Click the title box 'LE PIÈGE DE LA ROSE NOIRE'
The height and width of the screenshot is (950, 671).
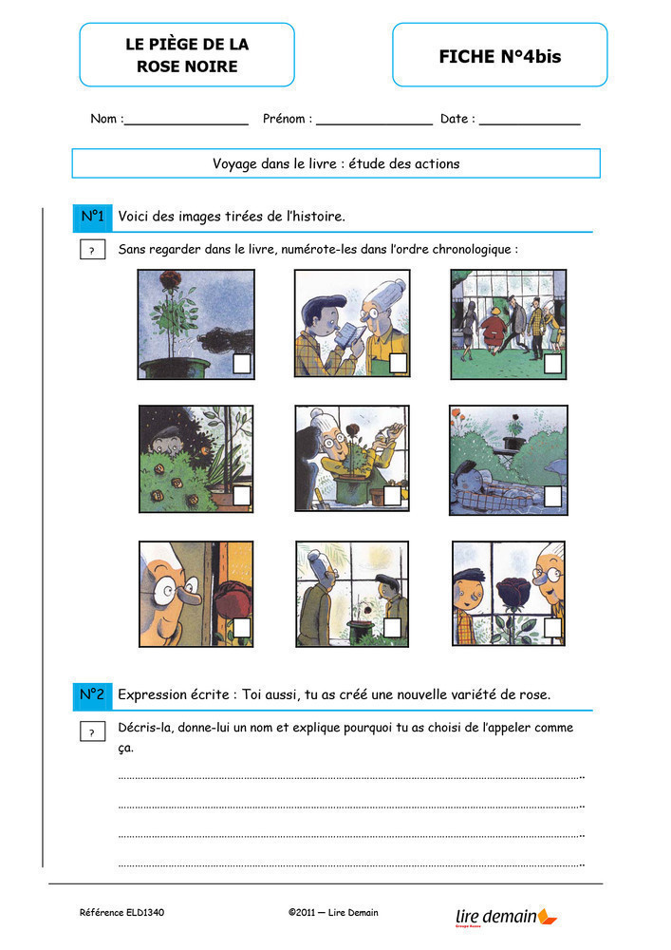point(187,55)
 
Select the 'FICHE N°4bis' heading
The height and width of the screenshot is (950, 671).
point(500,56)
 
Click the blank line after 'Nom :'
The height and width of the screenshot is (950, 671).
point(186,124)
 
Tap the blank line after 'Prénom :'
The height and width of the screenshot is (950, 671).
point(375,124)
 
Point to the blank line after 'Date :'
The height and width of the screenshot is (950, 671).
point(530,124)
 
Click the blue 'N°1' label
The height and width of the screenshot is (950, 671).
point(93,217)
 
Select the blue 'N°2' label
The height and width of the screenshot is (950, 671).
point(93,694)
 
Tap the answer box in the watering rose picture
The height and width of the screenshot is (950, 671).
point(242,364)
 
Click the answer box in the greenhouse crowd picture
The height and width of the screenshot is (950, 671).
point(553,364)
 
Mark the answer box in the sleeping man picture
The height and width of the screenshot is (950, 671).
point(553,496)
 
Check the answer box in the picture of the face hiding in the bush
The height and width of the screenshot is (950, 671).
point(242,495)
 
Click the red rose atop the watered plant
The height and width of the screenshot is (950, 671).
point(170,280)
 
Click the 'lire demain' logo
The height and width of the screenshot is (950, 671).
point(506,917)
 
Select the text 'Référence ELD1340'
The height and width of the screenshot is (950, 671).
point(121,912)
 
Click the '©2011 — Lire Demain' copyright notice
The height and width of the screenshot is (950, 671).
point(333,912)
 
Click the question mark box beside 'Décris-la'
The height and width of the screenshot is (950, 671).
point(93,731)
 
